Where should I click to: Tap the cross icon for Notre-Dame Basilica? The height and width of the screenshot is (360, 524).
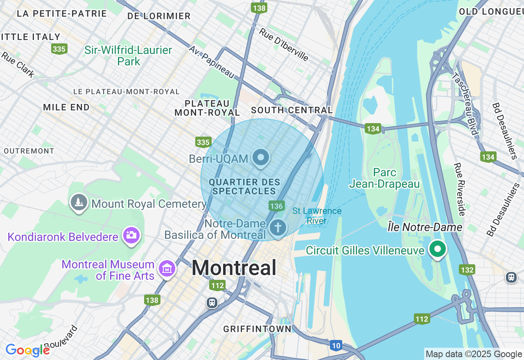(278, 227)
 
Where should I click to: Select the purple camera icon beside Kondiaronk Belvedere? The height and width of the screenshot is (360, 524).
(131, 235)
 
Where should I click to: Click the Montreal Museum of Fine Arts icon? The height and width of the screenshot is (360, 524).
(167, 269)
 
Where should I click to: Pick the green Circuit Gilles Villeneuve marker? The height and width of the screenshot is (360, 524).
(438, 248)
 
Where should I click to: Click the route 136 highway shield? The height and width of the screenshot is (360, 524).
(277, 206)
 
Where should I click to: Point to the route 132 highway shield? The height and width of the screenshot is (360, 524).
(467, 270)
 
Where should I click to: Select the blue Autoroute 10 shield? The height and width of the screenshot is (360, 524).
(336, 345)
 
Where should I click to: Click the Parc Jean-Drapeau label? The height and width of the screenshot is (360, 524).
(384, 178)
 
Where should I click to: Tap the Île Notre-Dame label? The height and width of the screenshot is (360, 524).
(425, 227)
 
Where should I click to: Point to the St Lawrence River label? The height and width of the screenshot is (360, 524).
(317, 216)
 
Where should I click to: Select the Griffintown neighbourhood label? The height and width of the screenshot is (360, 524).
(257, 329)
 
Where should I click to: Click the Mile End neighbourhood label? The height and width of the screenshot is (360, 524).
(66, 108)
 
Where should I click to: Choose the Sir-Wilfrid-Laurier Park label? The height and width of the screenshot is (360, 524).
(128, 56)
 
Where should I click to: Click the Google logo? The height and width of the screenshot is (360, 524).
(27, 350)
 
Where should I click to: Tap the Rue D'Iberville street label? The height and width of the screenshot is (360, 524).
(284, 44)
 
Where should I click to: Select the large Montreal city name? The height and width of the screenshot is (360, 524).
(234, 268)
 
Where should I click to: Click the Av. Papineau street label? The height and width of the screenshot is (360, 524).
(211, 62)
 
